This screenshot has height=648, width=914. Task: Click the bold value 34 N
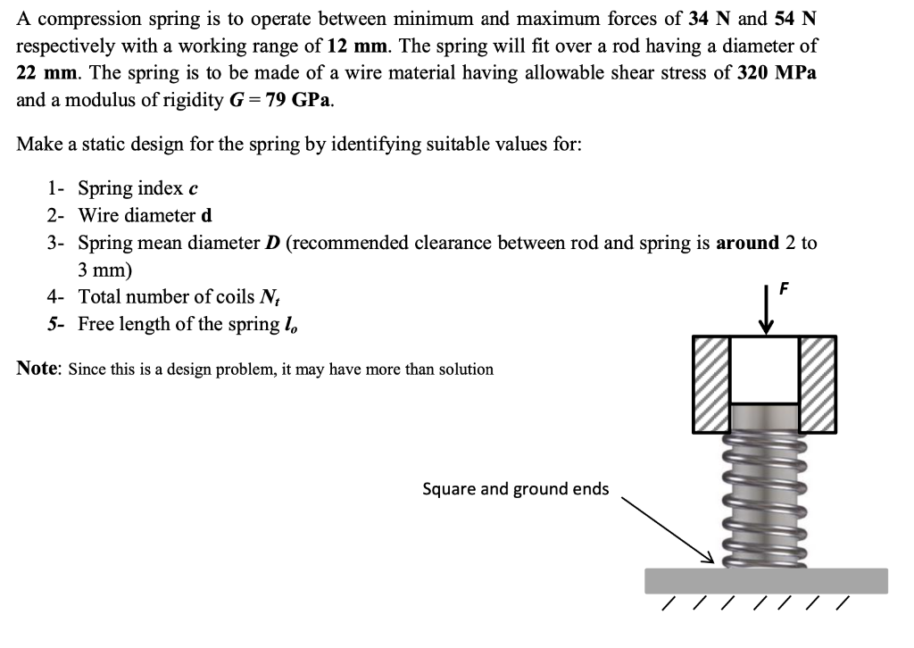pos(706,19)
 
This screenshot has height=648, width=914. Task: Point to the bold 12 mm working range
pos(334,46)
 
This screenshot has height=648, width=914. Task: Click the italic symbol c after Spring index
pos(193,189)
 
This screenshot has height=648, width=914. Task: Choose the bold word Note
pos(38,369)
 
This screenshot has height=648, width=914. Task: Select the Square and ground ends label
pos(515,488)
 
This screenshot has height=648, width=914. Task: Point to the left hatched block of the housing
pos(711,384)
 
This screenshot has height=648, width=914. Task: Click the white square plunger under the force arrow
pos(765,369)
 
